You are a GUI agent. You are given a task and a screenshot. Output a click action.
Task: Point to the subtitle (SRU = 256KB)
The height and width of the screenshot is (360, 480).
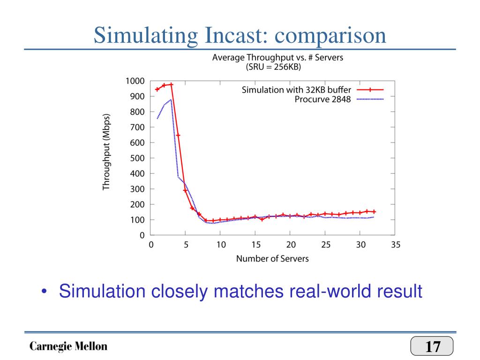[274, 67]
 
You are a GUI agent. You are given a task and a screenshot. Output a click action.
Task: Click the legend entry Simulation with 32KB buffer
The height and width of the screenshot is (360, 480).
[296, 90]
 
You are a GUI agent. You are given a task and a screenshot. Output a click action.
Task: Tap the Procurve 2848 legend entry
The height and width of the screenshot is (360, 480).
[322, 99]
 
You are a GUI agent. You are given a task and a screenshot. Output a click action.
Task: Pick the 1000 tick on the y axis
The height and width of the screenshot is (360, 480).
[134, 81]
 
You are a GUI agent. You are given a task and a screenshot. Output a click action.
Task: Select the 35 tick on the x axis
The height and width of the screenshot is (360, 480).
[395, 245]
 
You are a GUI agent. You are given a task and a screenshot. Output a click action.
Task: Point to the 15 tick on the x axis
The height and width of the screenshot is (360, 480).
[255, 245]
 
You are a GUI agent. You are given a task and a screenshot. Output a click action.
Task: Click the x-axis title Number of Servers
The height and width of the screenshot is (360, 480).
[272, 258]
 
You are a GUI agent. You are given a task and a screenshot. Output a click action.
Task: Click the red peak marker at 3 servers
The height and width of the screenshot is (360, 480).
[171, 85]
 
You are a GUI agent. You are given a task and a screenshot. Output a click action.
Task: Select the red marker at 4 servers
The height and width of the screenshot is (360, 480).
[178, 135]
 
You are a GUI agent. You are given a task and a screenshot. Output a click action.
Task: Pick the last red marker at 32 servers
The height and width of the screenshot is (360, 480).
[374, 212]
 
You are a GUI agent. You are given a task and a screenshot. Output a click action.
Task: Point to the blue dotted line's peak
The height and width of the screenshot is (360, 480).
[171, 99]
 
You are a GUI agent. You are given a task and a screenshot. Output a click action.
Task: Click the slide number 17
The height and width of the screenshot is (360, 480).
[432, 347]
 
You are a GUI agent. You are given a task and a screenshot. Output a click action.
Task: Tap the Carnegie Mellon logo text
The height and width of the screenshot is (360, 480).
[68, 347]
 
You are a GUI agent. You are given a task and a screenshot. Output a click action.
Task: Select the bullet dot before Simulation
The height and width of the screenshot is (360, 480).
[44, 292]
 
